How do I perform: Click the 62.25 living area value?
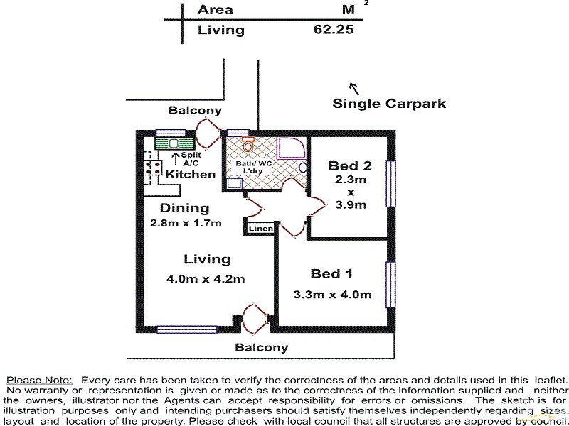click(334, 30)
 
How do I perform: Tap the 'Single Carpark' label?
click(389, 103)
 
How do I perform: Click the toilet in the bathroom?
click(248, 146)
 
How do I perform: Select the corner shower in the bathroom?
click(289, 148)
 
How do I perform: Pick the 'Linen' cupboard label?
click(260, 228)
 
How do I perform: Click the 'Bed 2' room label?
click(349, 166)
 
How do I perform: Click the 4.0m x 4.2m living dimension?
click(206, 279)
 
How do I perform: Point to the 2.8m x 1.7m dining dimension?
click(185, 223)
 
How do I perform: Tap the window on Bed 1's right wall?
click(390, 285)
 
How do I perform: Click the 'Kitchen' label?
click(191, 175)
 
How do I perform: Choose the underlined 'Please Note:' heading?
click(39, 381)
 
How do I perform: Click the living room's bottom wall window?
click(177, 329)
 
